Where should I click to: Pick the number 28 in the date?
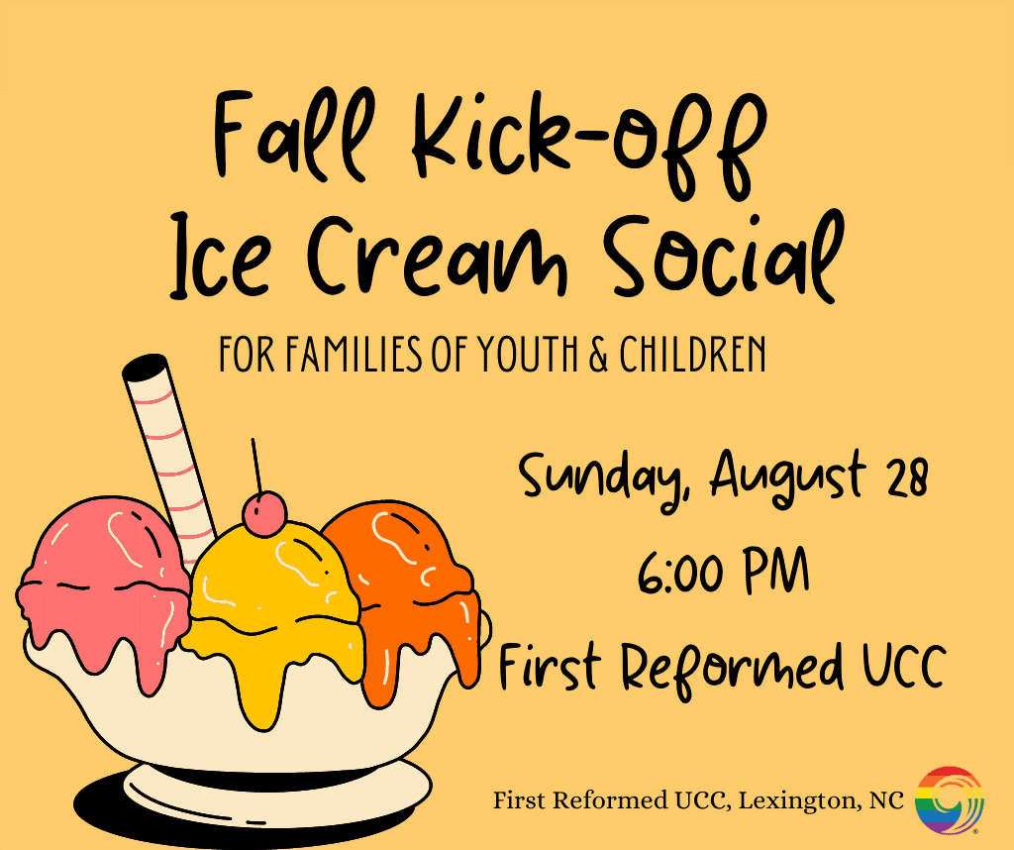(908, 475)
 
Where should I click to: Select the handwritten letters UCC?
(904, 666)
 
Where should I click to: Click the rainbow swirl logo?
(950, 800)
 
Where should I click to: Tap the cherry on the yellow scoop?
(263, 513)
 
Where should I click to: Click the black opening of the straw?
(145, 367)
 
